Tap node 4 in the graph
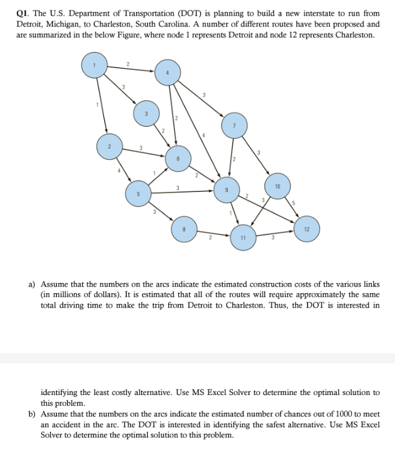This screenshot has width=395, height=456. coord(168,72)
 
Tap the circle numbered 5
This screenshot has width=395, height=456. coord(138,194)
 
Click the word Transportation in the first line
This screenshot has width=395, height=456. coord(138,13)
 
